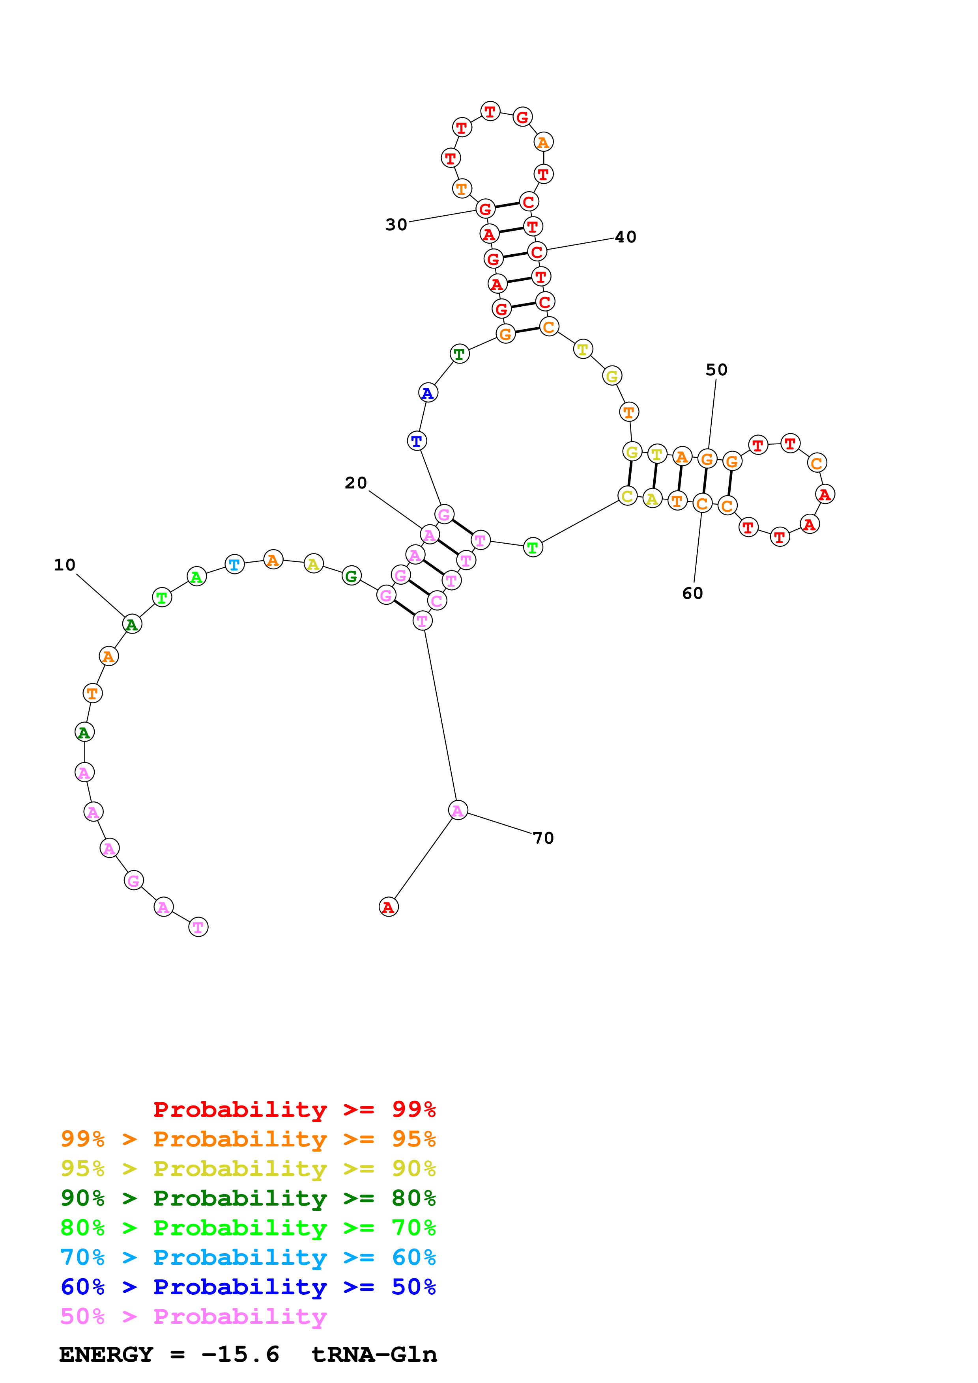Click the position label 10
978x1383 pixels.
tap(64, 565)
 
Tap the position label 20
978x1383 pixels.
tap(355, 483)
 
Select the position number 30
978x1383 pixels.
tap(396, 225)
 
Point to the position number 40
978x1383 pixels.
tap(625, 237)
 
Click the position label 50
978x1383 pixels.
tap(716, 370)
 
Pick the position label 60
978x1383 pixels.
tap(692, 594)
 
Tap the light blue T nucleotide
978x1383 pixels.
tap(234, 565)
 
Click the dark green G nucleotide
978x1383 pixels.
tap(351, 576)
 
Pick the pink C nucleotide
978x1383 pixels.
tap(437, 600)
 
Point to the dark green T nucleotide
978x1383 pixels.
tap(460, 354)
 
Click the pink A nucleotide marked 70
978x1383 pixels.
tap(458, 811)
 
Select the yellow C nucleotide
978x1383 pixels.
tap(627, 496)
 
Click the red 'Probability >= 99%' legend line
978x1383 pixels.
tap(294, 1109)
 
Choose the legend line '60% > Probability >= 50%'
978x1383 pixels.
tap(248, 1287)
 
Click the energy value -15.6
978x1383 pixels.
tap(240, 1355)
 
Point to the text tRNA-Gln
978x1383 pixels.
tap(374, 1355)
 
